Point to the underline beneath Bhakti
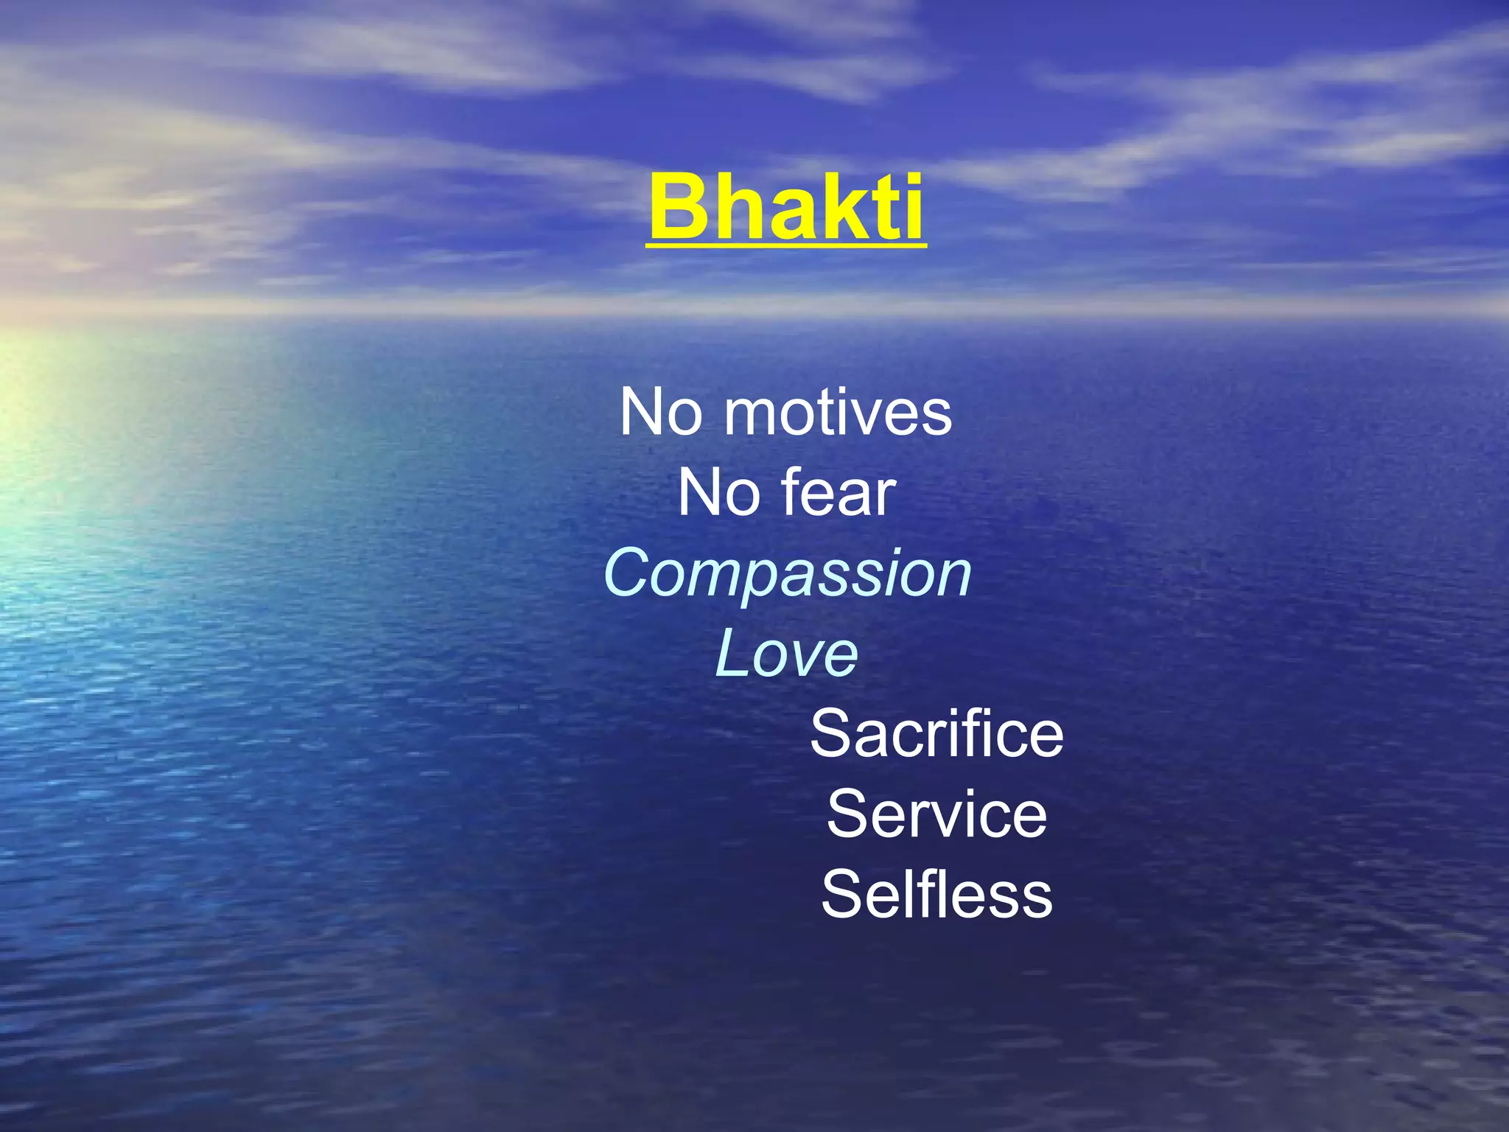pyautogui.click(x=786, y=246)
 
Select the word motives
pyautogui.click(x=838, y=413)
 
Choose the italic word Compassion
pyautogui.click(x=787, y=574)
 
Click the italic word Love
pyautogui.click(x=786, y=654)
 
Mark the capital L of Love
pyautogui.click(x=732, y=654)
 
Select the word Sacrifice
pyautogui.click(x=936, y=734)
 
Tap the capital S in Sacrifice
pyautogui.click(x=830, y=734)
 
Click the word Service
pyautogui.click(x=936, y=814)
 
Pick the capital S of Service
pyautogui.click(x=847, y=814)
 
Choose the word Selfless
pyautogui.click(x=936, y=895)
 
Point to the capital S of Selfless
pyautogui.click(x=842, y=895)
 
